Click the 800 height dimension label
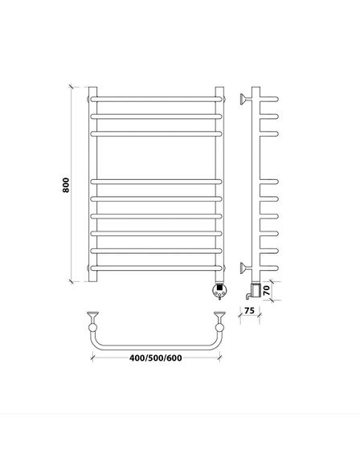coord(66,185)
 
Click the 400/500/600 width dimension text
coord(156,358)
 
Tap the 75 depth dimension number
coord(249,310)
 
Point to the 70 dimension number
coord(267,290)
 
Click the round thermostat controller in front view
coord(220,291)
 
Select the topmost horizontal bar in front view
coord(157,100)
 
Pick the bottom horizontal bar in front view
coord(157,268)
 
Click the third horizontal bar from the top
coord(157,133)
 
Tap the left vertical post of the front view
coord(92,184)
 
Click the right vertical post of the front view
coord(219,184)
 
